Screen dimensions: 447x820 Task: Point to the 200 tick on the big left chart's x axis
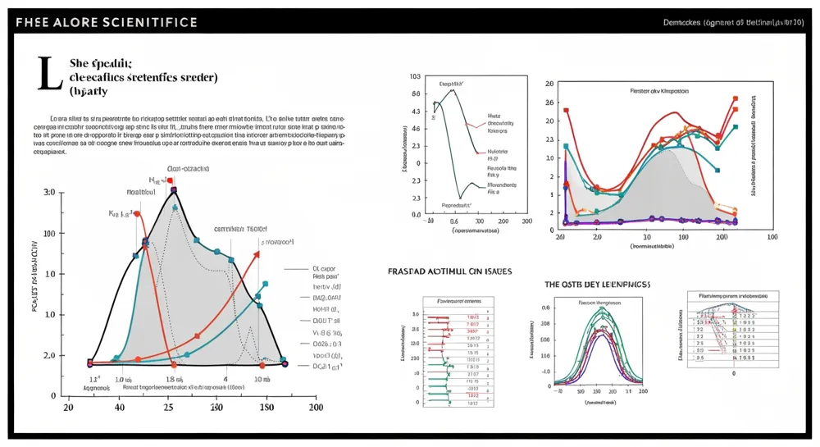(315, 407)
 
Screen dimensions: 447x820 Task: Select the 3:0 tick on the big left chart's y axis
(48, 192)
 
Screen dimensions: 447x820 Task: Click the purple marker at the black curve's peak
(173, 190)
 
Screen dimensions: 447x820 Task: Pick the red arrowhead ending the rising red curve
(257, 253)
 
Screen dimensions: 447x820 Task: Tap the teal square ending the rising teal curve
(265, 284)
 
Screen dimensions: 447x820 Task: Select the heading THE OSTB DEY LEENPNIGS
(598, 284)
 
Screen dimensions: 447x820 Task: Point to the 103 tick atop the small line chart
(415, 76)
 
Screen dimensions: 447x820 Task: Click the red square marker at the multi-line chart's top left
(566, 110)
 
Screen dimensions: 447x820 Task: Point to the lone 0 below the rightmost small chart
(733, 372)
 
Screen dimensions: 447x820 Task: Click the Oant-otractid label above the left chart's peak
(188, 168)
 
